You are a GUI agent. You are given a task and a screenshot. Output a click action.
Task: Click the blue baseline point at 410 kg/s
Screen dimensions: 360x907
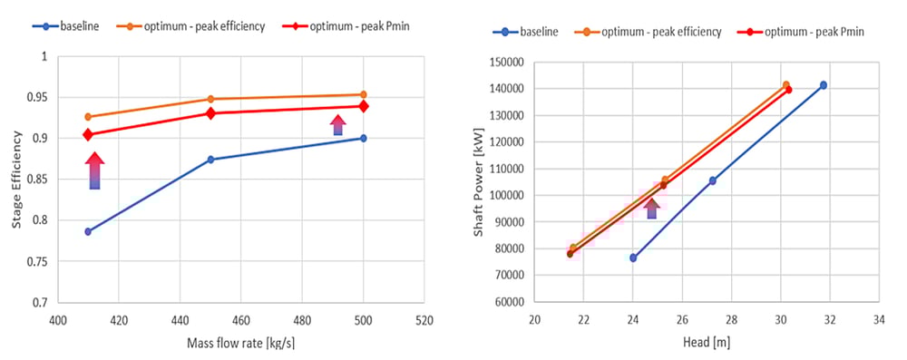click(x=88, y=231)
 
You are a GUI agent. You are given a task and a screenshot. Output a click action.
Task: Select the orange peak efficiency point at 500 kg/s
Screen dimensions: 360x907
click(x=363, y=94)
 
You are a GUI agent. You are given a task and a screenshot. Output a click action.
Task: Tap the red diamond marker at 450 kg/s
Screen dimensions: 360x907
click(x=210, y=113)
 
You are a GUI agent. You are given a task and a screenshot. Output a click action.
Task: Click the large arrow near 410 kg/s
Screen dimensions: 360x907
click(x=95, y=171)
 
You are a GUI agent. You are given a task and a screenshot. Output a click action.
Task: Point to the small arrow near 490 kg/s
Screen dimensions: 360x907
click(x=337, y=125)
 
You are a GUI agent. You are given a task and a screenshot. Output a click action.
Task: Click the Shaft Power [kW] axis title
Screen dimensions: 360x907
click(x=479, y=181)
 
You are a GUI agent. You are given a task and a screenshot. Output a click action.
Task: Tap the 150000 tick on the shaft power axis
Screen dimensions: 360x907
click(x=504, y=63)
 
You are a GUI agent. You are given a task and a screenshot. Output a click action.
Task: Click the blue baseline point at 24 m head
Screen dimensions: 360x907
click(x=633, y=258)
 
